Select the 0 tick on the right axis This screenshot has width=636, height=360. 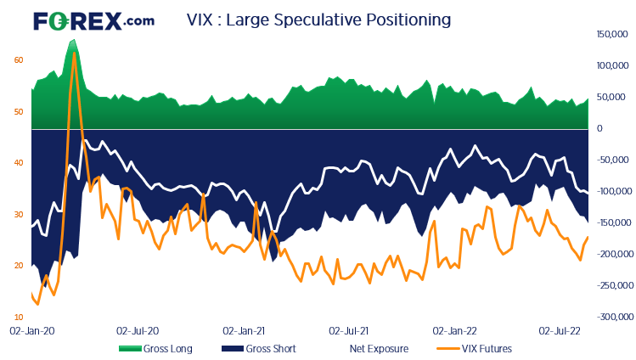tap(599, 129)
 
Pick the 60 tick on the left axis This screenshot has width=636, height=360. tap(19, 59)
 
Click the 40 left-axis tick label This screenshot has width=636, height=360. tap(19, 162)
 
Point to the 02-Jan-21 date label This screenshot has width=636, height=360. tap(244, 329)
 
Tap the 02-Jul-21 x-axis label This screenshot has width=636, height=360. tap(349, 329)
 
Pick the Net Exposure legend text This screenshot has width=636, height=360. tap(378, 348)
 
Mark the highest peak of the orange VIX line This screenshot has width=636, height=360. tap(75, 53)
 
